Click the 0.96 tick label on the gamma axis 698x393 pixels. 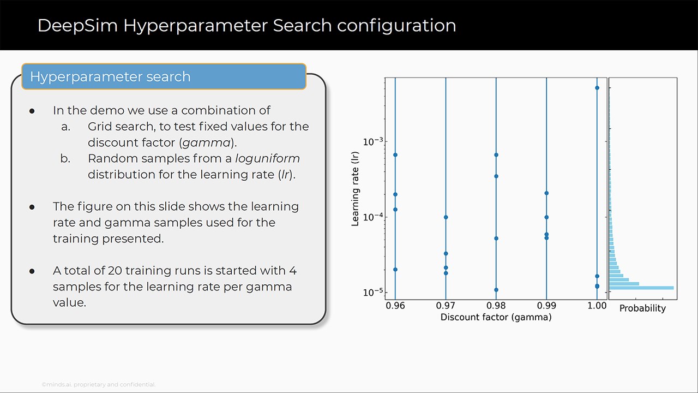click(x=395, y=306)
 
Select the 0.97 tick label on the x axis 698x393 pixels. click(x=446, y=306)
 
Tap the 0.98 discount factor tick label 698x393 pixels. click(x=496, y=306)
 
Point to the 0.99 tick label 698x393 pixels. click(x=546, y=306)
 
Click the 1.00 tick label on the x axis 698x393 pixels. click(x=597, y=306)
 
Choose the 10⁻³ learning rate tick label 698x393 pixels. click(x=373, y=141)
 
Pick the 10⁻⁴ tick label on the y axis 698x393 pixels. click(x=373, y=217)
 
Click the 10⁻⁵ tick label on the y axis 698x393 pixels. click(x=373, y=293)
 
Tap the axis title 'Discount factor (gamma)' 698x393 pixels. click(x=496, y=318)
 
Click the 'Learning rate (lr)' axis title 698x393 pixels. click(x=355, y=189)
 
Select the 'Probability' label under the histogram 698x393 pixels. click(x=642, y=308)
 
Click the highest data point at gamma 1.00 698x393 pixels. click(x=597, y=88)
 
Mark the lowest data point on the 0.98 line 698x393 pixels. click(x=496, y=290)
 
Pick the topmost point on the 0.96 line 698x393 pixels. click(x=395, y=154)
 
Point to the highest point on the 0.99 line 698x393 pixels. click(x=546, y=193)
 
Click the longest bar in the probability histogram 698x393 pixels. click(x=642, y=288)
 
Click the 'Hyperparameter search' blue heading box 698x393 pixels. click(x=164, y=76)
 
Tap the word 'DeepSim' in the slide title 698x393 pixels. click(x=77, y=26)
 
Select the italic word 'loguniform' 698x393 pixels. click(x=267, y=158)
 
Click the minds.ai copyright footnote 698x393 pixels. click(x=99, y=385)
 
